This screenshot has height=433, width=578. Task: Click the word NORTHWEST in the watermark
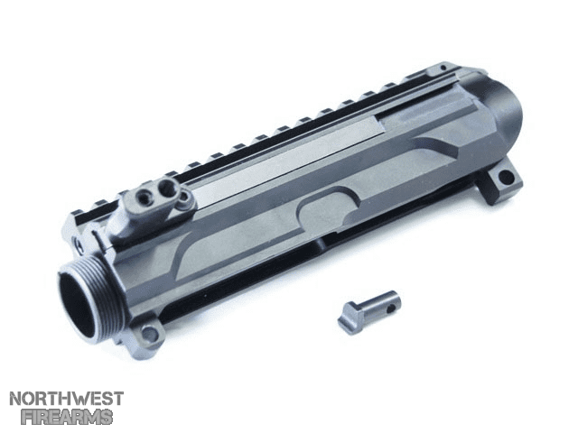(66, 399)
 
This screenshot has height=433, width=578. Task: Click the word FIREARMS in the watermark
(67, 417)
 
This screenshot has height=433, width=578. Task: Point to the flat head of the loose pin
(348, 318)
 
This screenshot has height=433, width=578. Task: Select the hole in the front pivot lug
(150, 335)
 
